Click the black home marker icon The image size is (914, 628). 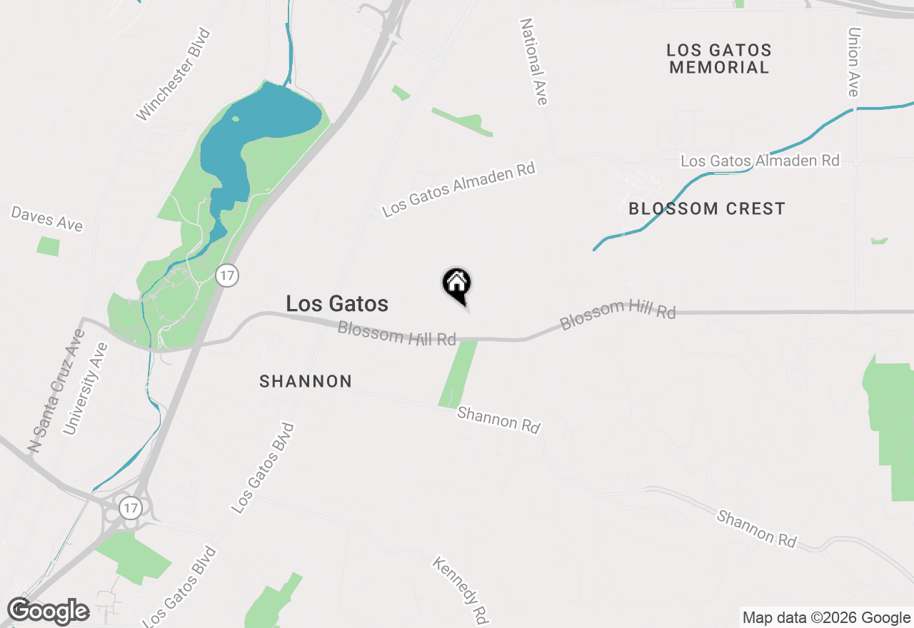coord(457,285)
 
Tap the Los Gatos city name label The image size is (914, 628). coord(337,303)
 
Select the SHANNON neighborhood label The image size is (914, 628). coord(306,382)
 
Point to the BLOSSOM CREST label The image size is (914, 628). coord(706,209)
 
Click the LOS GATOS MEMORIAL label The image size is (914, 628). coord(719,59)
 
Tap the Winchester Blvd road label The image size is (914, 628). coord(175,74)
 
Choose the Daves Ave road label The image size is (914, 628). coord(47,219)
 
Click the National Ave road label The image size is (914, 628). coord(533,61)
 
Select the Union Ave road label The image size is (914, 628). coord(853,62)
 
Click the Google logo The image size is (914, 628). coord(49,612)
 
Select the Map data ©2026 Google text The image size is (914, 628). coord(826,618)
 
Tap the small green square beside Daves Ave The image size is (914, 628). coord(48,247)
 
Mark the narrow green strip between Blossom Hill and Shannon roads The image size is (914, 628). coord(458,373)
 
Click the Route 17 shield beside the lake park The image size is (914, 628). coord(227,275)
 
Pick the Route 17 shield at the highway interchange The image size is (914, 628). coord(131,508)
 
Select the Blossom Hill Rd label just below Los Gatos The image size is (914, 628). coord(396,334)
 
